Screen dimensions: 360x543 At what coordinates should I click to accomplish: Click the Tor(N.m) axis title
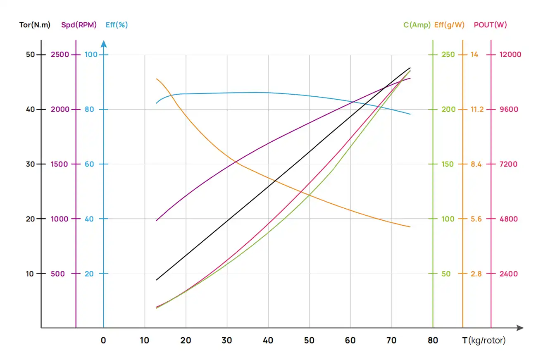[x=35, y=25]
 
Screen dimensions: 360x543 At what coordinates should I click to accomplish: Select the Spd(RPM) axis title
[x=79, y=25]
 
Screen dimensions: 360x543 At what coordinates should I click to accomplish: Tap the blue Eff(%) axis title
[x=117, y=25]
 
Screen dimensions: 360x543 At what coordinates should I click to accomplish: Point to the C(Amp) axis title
[x=417, y=25]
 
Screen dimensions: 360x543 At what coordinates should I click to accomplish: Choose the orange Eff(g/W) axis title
[x=449, y=25]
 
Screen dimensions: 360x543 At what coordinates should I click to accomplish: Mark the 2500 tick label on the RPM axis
[x=60, y=55]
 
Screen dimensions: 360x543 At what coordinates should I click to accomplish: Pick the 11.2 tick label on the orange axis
[x=476, y=110]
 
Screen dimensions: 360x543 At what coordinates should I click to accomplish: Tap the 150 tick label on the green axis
[x=448, y=164]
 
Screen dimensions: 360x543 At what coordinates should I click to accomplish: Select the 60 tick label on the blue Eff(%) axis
[x=90, y=164]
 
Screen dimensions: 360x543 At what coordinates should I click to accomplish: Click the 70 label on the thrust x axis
[x=391, y=341]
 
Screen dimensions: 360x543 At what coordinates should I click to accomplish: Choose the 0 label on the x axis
[x=103, y=341]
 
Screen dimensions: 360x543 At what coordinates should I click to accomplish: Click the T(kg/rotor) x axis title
[x=483, y=341]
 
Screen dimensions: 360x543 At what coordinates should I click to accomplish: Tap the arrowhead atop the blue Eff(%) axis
[x=104, y=43]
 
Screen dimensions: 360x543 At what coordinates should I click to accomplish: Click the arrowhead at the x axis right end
[x=520, y=328]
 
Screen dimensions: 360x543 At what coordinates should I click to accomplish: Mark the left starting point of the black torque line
[x=156, y=280]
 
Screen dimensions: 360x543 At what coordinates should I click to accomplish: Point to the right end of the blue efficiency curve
[x=410, y=114]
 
